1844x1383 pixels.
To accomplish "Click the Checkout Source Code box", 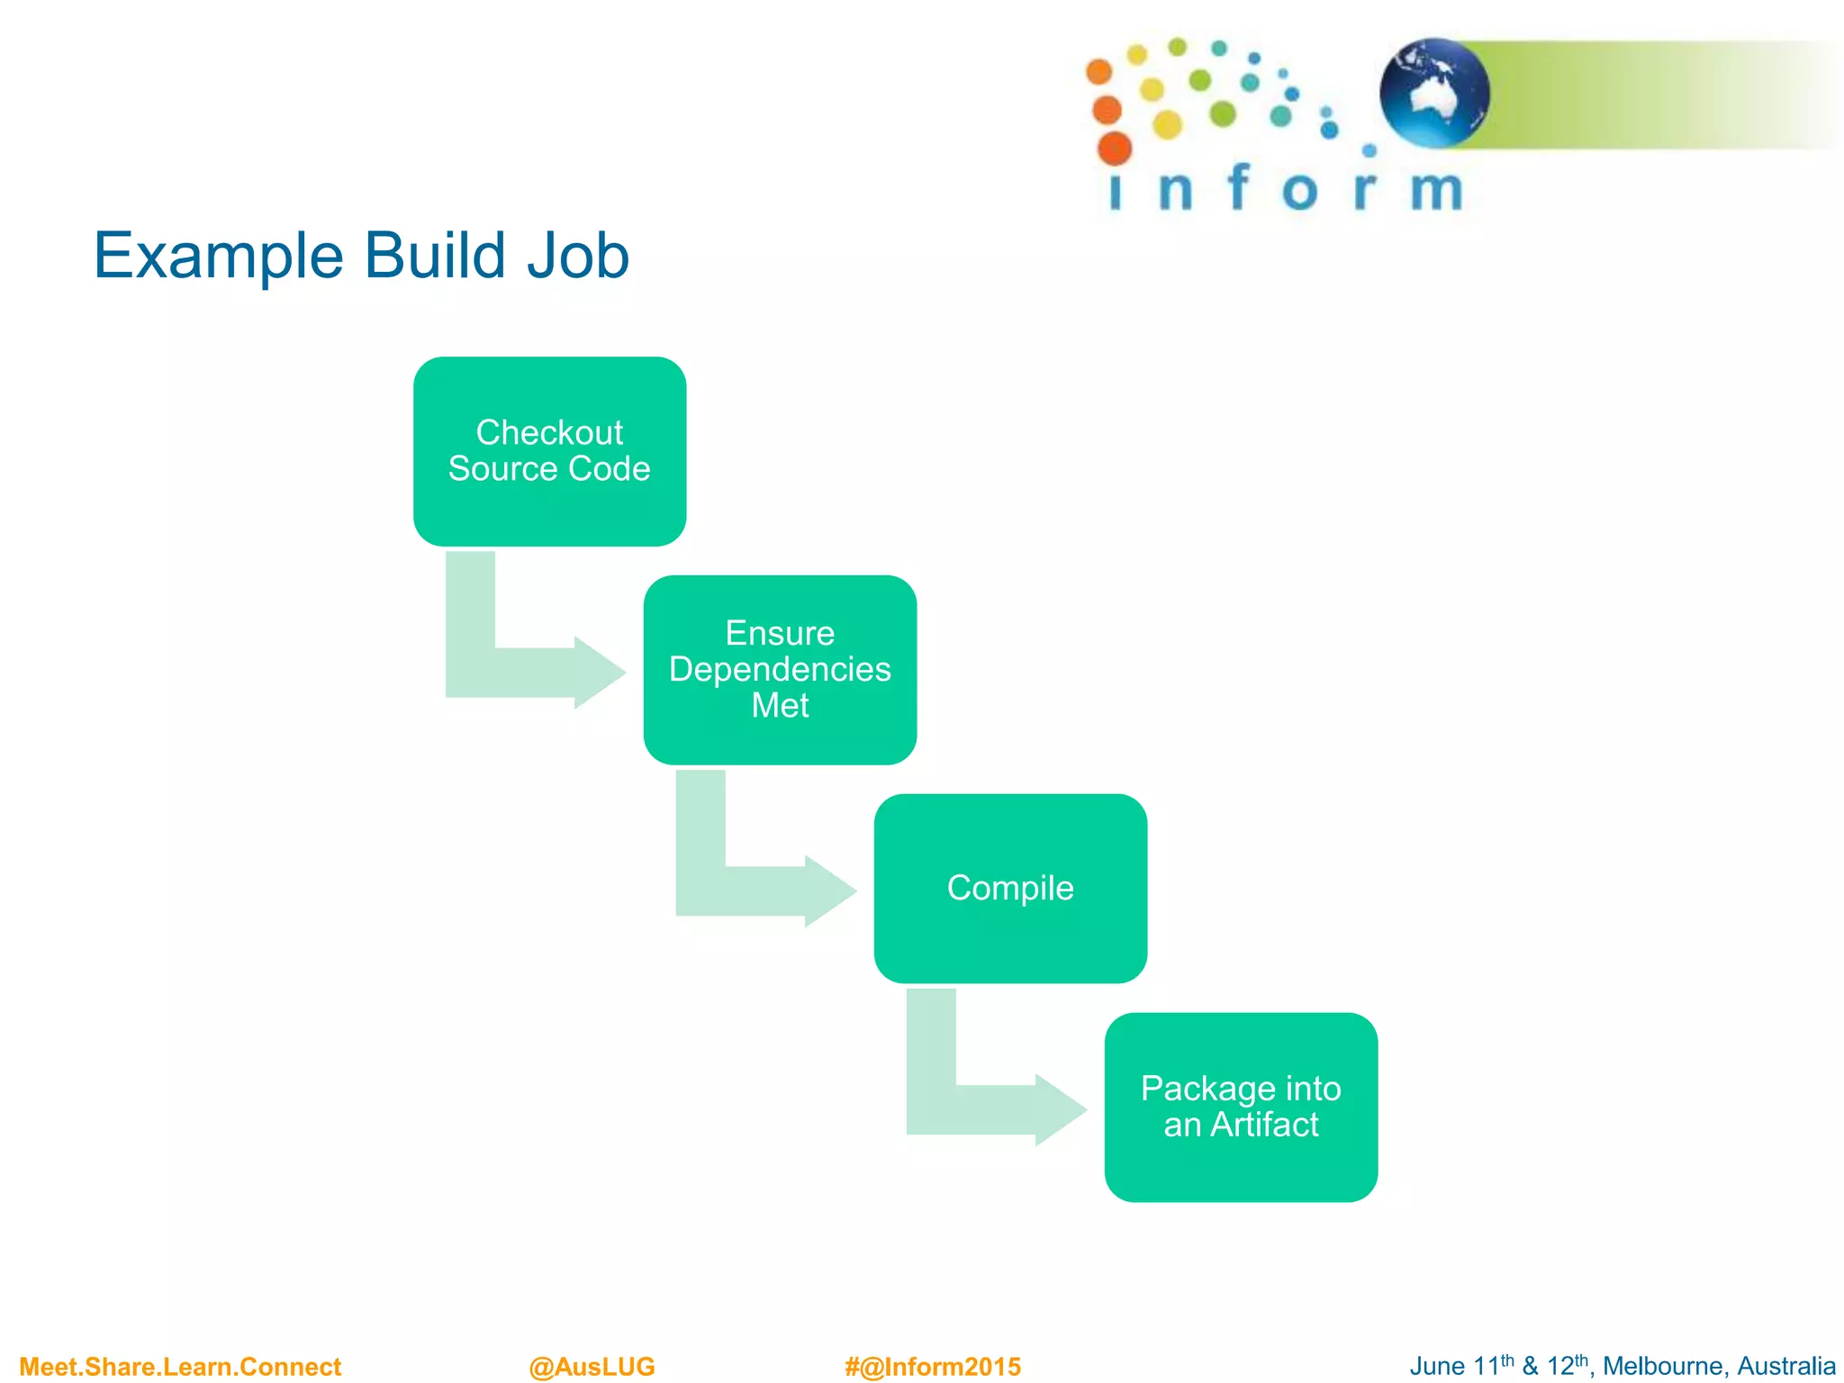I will [549, 451].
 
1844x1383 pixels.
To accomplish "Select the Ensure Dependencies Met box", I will [780, 670].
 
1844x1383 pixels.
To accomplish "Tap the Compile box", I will [1010, 889].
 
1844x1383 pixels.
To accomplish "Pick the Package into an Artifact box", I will [1241, 1107].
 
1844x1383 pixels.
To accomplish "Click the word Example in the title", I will [218, 257].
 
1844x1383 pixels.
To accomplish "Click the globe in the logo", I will [1434, 92].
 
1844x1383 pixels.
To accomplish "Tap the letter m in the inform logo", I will [1436, 190].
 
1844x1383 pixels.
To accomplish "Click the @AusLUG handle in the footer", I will [592, 1367].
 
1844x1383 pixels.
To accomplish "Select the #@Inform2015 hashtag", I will [933, 1367].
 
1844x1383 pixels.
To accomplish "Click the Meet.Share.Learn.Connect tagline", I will [180, 1367].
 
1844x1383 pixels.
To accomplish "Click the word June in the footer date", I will [1438, 1366].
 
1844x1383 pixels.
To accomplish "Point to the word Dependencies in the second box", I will [780, 670].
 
